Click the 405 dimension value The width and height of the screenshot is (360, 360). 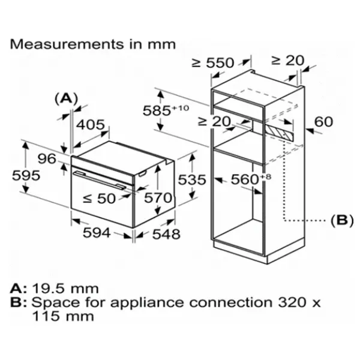pyautogui.click(x=91, y=125)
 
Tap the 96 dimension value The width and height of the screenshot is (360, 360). pyautogui.click(x=47, y=160)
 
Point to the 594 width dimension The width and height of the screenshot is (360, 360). pyautogui.click(x=96, y=233)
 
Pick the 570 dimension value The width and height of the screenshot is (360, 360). pyautogui.click(x=160, y=198)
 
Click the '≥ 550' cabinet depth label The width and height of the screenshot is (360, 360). pyautogui.click(x=213, y=62)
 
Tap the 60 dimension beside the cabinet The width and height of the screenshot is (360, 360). pyautogui.click(x=323, y=122)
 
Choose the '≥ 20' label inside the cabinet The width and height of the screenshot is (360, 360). pyautogui.click(x=214, y=122)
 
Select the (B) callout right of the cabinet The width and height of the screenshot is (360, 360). pyautogui.click(x=341, y=221)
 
